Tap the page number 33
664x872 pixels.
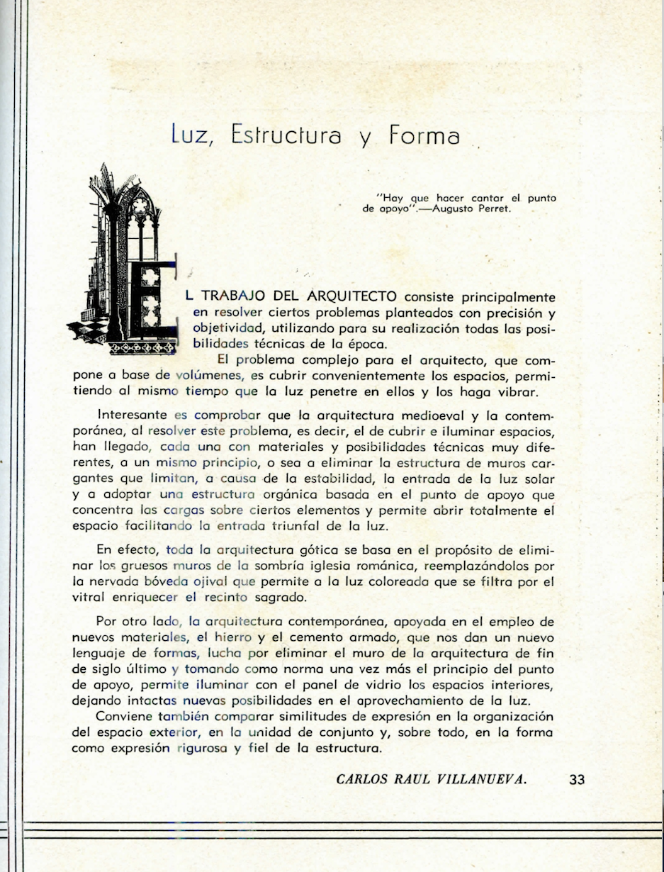point(577,780)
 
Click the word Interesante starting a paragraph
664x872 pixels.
point(131,416)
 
